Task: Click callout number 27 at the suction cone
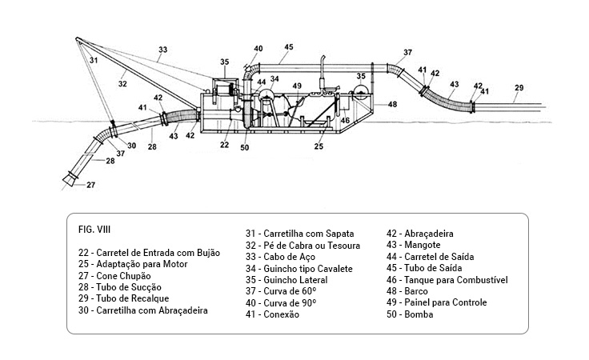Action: click(90, 185)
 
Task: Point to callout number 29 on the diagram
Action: click(519, 88)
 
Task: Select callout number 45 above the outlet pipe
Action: click(288, 47)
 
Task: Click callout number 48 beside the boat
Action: click(392, 104)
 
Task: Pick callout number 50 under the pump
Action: click(244, 146)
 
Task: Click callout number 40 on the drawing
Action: click(258, 50)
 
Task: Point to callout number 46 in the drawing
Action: click(345, 121)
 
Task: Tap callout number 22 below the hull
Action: click(225, 145)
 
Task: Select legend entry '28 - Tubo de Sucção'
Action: click(115, 286)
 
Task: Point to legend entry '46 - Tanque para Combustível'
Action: click(447, 280)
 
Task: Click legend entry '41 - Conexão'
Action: click(272, 314)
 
